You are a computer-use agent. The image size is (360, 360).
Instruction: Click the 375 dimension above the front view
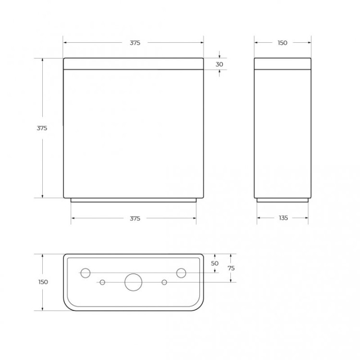point(135,43)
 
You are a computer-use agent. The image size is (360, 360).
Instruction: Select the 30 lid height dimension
point(219,64)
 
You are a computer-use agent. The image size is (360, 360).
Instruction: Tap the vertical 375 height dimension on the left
point(42,128)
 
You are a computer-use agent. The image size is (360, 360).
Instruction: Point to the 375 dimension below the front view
point(135,218)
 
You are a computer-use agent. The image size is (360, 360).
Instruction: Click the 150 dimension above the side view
point(282,43)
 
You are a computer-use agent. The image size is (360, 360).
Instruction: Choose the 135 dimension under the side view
point(283,218)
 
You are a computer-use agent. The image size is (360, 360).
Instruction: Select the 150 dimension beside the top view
point(43,282)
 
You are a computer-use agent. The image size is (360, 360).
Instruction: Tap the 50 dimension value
point(215,263)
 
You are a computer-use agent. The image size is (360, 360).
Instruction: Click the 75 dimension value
point(231,268)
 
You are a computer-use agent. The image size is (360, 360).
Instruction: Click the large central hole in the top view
point(133,282)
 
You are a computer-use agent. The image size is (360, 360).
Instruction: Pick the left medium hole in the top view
point(85,273)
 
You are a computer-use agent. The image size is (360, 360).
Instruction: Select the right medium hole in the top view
point(181,273)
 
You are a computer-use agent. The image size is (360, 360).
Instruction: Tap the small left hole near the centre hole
point(102,282)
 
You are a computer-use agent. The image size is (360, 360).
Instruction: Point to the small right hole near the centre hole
point(164,282)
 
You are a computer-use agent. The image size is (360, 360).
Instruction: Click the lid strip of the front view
point(133,63)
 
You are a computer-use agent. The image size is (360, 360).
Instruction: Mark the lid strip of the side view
point(283,63)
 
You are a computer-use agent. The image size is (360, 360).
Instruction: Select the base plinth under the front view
point(133,200)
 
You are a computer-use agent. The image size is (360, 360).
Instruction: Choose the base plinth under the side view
point(282,200)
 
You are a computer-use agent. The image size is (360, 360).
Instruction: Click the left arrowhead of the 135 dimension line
point(258,218)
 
